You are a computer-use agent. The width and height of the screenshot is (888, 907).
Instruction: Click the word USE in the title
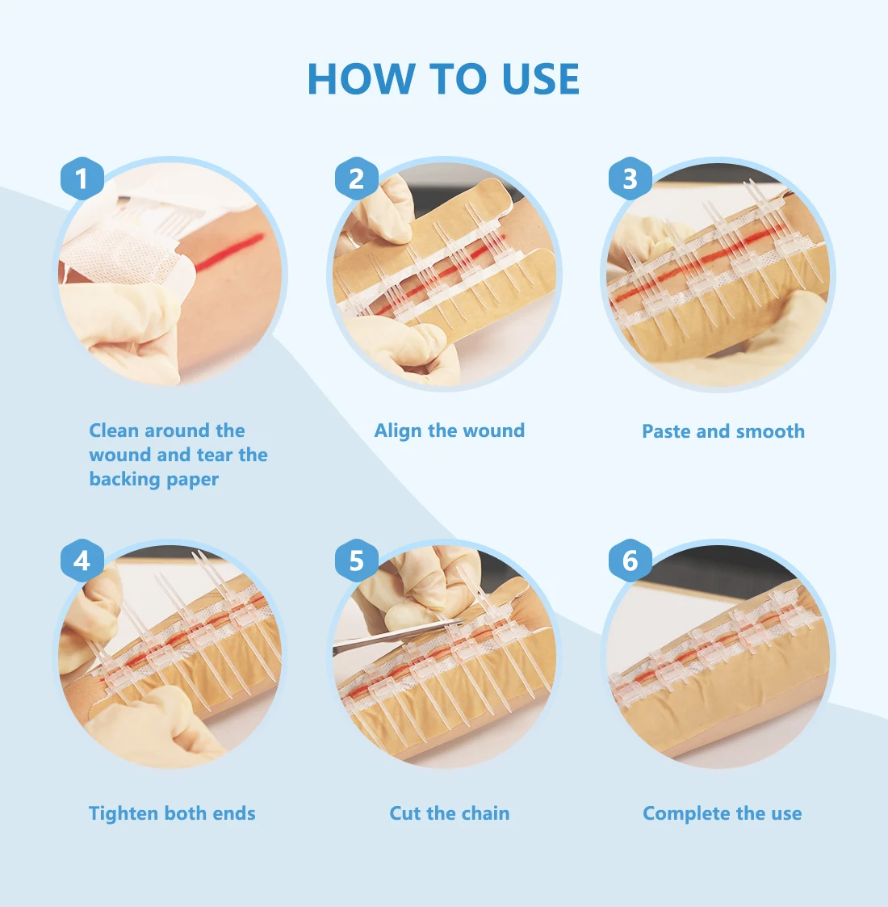[x=540, y=79]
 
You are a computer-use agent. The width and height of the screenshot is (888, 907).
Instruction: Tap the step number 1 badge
[x=82, y=178]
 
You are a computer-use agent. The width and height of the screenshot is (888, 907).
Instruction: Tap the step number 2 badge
[x=356, y=178]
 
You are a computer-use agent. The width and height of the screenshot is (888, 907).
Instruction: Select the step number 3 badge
[x=630, y=178]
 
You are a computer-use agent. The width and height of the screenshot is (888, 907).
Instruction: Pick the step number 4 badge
[x=82, y=561]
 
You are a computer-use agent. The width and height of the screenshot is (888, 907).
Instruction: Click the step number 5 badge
[x=356, y=561]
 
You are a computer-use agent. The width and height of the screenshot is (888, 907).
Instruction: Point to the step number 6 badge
[x=630, y=561]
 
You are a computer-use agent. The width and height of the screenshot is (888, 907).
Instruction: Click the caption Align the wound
[x=449, y=430]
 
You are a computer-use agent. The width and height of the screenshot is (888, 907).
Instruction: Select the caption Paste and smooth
[x=723, y=431]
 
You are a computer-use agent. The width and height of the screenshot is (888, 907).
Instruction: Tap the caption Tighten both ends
[x=172, y=813]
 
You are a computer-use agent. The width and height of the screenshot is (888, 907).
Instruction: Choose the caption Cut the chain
[x=449, y=813]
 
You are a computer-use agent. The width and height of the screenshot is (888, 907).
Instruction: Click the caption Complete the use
[x=722, y=813]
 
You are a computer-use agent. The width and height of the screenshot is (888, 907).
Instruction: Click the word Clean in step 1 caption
[x=114, y=430]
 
